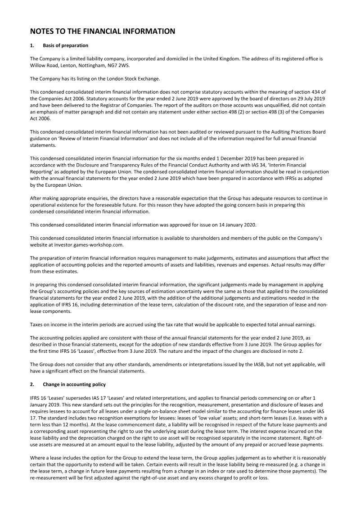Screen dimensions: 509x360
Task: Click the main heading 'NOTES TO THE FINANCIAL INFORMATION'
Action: click(102, 31)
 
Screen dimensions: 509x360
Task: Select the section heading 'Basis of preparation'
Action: click(65, 45)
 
